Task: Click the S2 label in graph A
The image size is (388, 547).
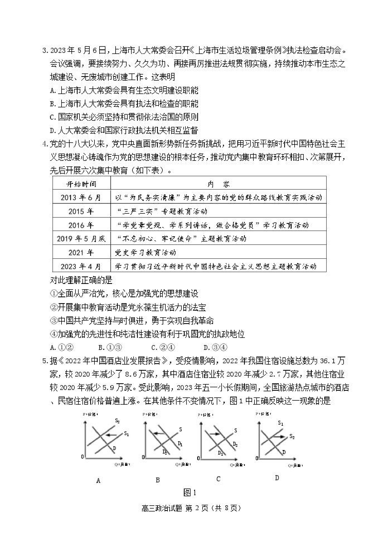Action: point(117,421)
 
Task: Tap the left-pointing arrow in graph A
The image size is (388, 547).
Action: point(111,435)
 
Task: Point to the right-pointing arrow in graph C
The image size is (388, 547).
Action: point(214,434)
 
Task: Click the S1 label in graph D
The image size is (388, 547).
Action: point(280,423)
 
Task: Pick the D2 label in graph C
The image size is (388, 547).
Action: point(235,444)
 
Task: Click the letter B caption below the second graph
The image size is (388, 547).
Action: point(158,480)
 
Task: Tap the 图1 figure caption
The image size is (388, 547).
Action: point(190,493)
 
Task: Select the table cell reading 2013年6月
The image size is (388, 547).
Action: point(81,198)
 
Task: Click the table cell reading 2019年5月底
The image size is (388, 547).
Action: point(81,239)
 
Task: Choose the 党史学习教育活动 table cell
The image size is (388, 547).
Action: point(146,252)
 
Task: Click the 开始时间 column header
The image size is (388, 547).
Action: point(81,184)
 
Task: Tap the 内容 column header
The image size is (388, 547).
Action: point(218,184)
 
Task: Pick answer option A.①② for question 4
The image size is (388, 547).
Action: point(62,347)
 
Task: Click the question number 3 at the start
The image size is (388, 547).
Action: point(45,50)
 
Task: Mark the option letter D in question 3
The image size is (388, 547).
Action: point(52,131)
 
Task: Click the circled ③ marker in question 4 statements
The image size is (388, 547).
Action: point(54,321)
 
